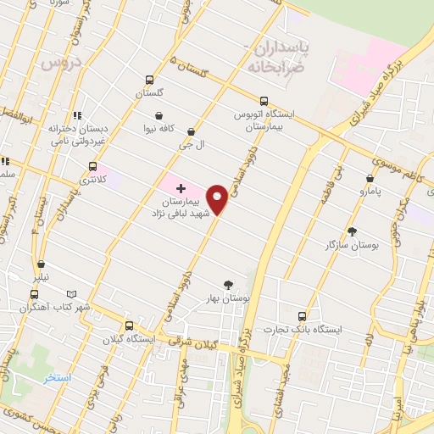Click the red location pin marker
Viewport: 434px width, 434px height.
click(218, 199)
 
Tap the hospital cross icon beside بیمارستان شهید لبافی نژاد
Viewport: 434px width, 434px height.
click(181, 186)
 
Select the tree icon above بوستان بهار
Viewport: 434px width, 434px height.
click(227, 285)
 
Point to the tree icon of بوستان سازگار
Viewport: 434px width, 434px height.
click(353, 231)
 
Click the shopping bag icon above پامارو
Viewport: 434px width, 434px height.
click(370, 179)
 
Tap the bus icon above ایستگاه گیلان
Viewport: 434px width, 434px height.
click(129, 325)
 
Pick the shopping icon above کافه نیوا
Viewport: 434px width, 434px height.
click(158, 115)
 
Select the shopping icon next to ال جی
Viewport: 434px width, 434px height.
click(191, 131)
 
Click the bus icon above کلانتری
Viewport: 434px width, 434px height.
click(92, 166)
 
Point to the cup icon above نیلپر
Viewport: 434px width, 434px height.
click(42, 264)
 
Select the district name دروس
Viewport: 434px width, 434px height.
click(58, 62)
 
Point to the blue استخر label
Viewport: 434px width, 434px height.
click(58, 377)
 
